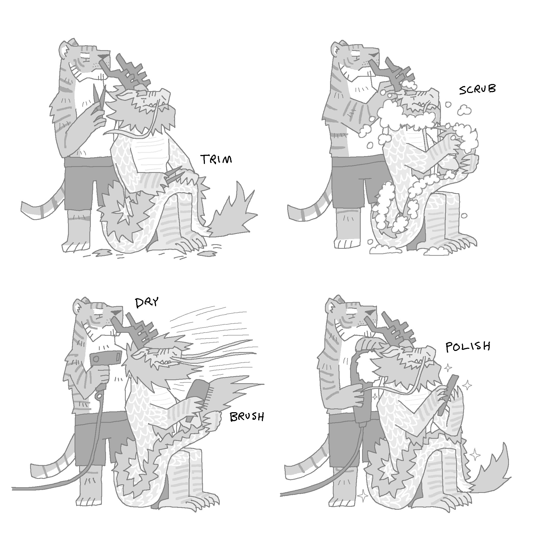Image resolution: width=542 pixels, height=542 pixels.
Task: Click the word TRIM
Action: pyautogui.click(x=216, y=159)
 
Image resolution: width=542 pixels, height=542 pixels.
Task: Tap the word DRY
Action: pyautogui.click(x=147, y=302)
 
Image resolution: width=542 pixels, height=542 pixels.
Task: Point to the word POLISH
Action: pyautogui.click(x=468, y=347)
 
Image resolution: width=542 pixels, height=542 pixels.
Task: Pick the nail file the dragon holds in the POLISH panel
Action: pyautogui.click(x=446, y=394)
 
